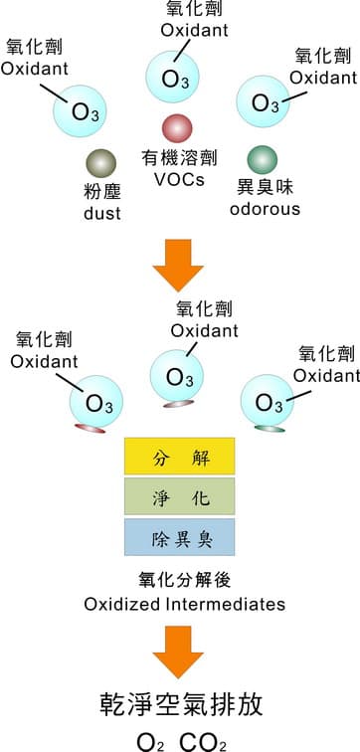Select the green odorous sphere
click(263, 158)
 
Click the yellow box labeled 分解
click(179, 459)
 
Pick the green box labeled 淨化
click(179, 497)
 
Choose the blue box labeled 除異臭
click(179, 537)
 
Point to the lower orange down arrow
click(178, 651)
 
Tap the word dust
click(101, 213)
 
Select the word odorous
click(265, 208)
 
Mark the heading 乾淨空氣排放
click(180, 705)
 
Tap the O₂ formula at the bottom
click(153, 740)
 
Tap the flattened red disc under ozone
click(90, 427)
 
